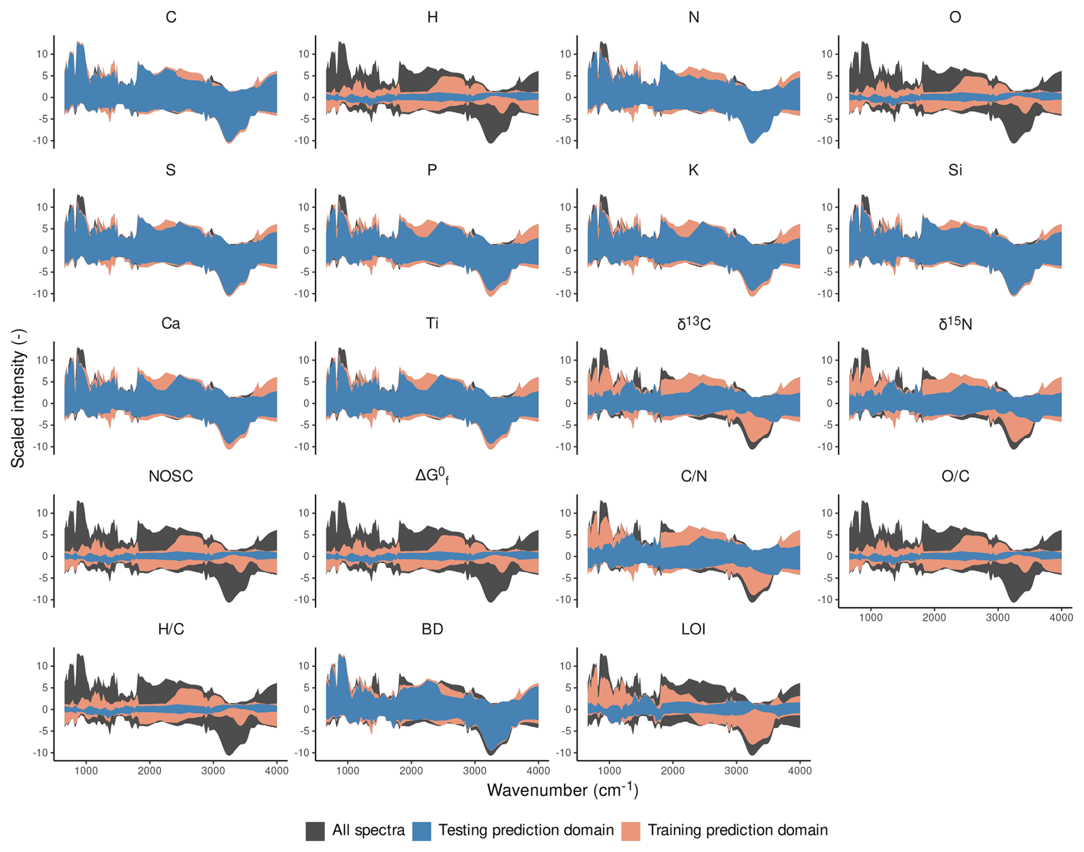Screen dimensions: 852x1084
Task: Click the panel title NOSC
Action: click(x=171, y=477)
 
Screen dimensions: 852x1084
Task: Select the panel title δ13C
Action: click(x=693, y=324)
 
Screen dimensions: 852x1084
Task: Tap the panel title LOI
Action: click(x=693, y=630)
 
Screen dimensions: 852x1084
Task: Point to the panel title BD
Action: click(x=432, y=630)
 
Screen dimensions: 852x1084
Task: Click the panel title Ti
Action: click(x=432, y=324)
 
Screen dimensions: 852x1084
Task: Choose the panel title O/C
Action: click(x=955, y=477)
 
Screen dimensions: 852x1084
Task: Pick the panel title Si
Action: click(x=955, y=171)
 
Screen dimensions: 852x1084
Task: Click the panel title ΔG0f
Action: click(x=432, y=476)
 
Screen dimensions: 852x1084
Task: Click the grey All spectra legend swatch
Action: click(x=315, y=831)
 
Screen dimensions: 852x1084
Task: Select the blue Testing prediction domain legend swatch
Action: click(x=422, y=831)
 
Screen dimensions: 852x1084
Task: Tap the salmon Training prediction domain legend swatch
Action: click(x=631, y=831)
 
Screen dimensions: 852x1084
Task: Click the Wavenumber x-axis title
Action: click(x=562, y=791)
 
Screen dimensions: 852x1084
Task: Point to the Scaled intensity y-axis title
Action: click(x=18, y=398)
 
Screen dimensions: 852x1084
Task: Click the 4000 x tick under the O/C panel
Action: click(x=1061, y=618)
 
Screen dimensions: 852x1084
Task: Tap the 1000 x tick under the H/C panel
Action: click(x=86, y=771)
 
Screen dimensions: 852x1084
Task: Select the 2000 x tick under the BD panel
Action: click(x=411, y=771)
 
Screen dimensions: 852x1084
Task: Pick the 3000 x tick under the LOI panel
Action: click(x=736, y=771)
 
